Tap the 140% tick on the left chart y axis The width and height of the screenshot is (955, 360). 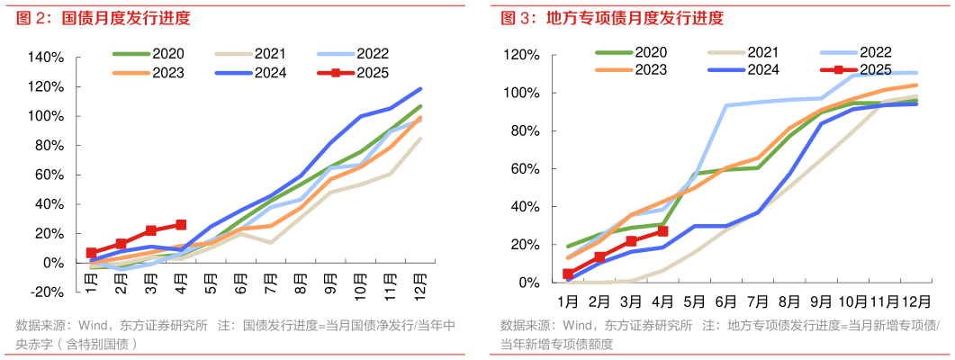click(x=46, y=58)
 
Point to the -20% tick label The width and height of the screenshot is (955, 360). click(x=46, y=292)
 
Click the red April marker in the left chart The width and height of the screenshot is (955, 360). click(x=181, y=225)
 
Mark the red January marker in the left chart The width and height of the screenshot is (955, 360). click(x=92, y=253)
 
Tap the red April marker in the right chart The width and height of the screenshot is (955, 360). click(x=662, y=231)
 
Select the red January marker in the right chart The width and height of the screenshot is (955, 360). click(x=568, y=274)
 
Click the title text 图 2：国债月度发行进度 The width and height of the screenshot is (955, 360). click(x=100, y=19)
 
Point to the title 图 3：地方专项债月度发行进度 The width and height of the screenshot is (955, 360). click(x=611, y=19)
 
